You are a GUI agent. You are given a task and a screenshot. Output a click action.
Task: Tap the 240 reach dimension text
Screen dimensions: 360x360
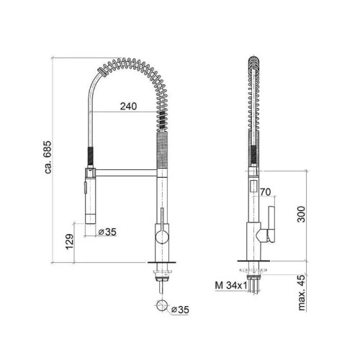pos(127,105)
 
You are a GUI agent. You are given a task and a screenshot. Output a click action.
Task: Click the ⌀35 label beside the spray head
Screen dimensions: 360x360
pos(107,232)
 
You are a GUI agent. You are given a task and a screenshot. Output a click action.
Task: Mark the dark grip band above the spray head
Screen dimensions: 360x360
pos(89,156)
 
